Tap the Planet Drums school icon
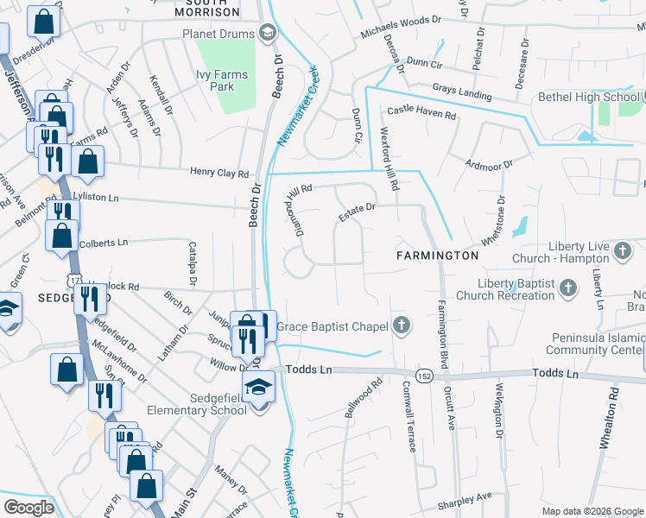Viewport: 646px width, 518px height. pos(268,34)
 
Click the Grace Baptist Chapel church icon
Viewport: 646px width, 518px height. pos(400,326)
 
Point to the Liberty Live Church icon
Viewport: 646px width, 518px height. pos(623,252)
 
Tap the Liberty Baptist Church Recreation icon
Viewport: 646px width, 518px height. pos(568,287)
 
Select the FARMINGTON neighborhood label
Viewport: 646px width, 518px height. pos(437,256)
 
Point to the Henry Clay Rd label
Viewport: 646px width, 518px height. pos(220,174)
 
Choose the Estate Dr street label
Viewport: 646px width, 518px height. pos(358,212)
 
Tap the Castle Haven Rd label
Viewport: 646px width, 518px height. pos(421,112)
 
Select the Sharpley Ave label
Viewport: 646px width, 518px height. pos(464,500)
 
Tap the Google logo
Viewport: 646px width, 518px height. pos(28,507)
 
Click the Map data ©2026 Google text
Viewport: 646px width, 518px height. pos(592,511)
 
